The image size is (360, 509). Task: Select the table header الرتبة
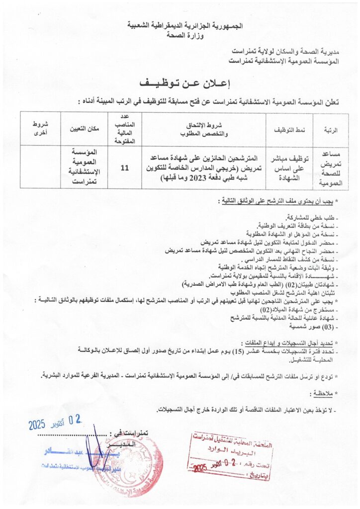tap(331, 130)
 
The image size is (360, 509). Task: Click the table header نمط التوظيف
tap(290, 130)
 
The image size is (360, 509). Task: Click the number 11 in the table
tap(125, 168)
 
